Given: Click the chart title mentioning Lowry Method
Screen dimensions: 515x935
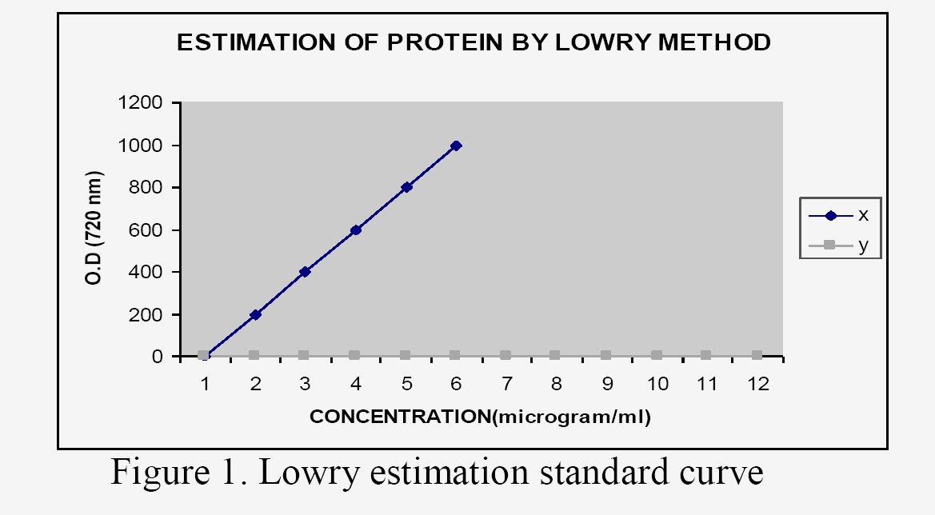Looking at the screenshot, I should (x=473, y=42).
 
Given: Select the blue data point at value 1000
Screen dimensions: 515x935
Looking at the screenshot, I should (x=456, y=146).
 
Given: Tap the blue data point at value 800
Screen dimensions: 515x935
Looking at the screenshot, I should (x=406, y=187).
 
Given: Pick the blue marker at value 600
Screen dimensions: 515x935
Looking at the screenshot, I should (x=356, y=230).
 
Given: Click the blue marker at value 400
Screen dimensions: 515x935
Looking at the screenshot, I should (x=306, y=272).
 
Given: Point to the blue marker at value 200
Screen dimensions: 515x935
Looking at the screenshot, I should (x=255, y=314).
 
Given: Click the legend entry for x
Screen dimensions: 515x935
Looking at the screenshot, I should (x=840, y=215).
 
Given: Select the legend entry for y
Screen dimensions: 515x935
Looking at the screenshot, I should (x=840, y=246).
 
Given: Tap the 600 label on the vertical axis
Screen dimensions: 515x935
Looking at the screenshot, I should (x=148, y=230).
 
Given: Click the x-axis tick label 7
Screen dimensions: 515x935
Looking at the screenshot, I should (x=506, y=384).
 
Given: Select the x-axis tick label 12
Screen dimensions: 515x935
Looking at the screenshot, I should (x=757, y=384).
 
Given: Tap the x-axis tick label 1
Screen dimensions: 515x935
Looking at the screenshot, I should (x=205, y=384).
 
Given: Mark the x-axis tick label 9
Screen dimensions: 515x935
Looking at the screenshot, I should (x=607, y=384).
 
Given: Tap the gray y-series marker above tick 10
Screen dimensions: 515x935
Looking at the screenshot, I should (x=657, y=355).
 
